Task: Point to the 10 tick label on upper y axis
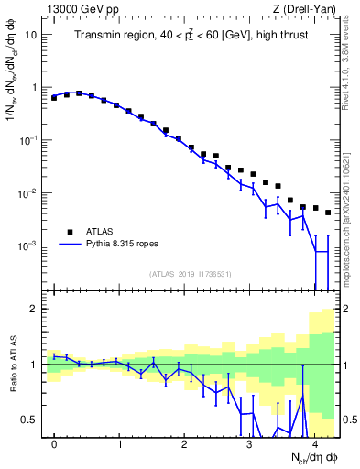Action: (x=31, y=35)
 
